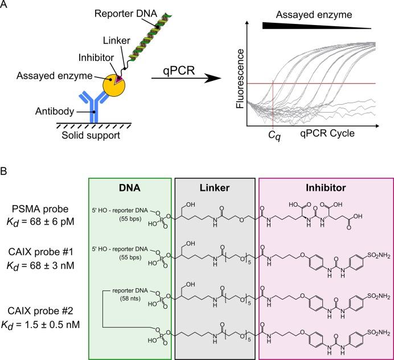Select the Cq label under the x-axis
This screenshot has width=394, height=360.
coord(274,137)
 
